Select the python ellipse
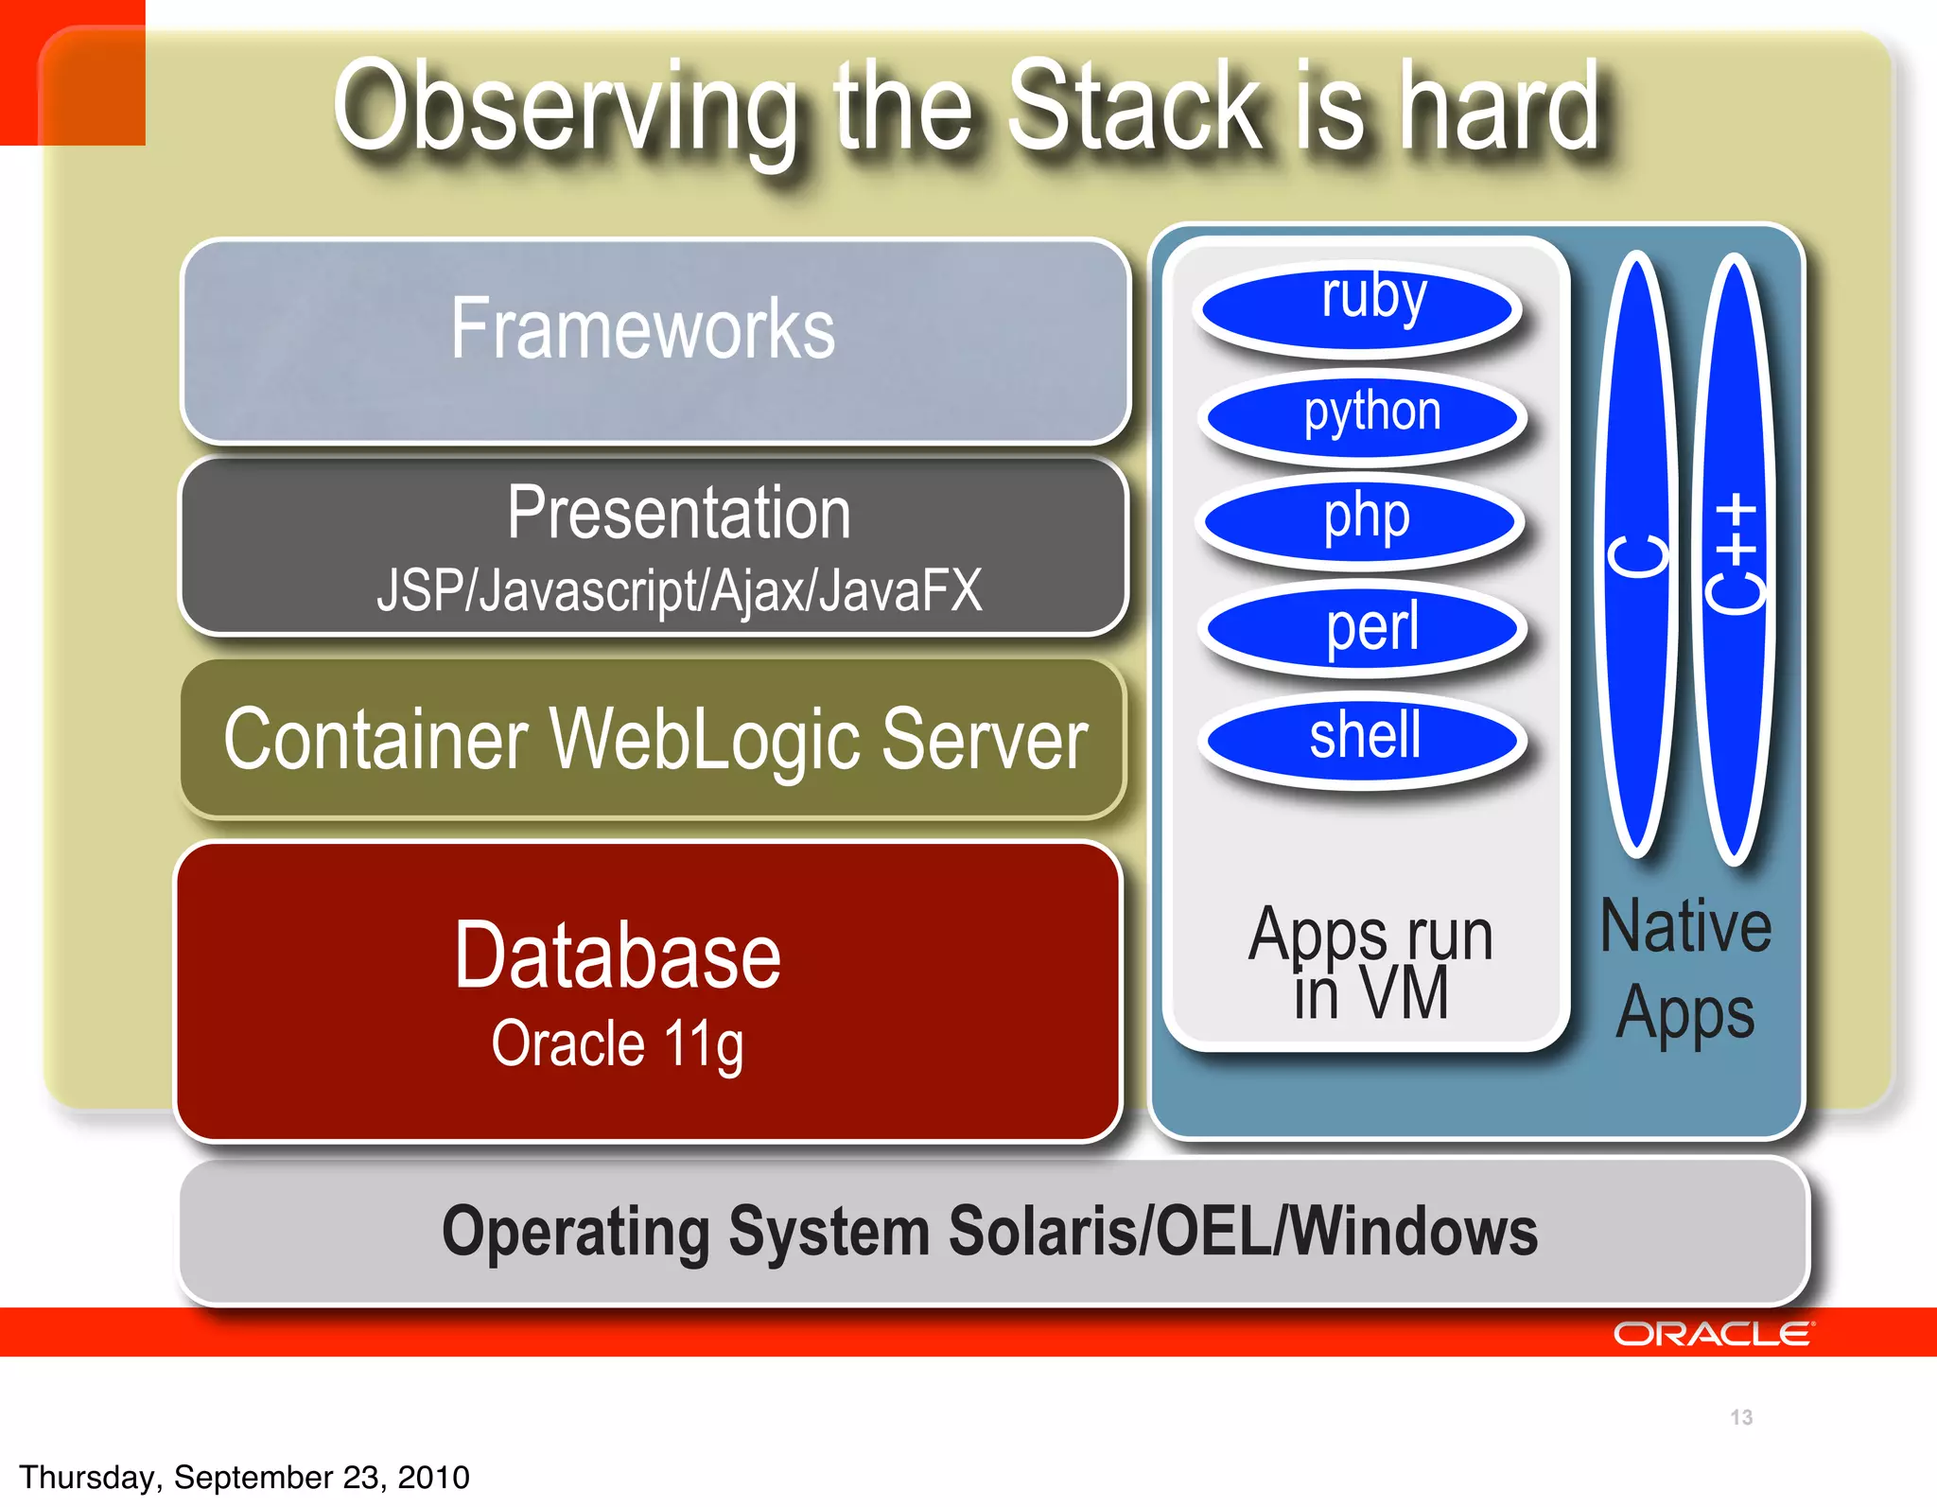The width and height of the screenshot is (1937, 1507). point(1363,417)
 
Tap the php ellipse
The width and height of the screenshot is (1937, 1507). point(1361,520)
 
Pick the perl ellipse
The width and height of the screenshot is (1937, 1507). point(1363,628)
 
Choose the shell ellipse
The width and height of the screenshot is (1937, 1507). point(1363,739)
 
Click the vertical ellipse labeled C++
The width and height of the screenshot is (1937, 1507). point(1735,558)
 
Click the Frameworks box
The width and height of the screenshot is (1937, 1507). point(654,341)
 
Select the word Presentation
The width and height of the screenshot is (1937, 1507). point(679,513)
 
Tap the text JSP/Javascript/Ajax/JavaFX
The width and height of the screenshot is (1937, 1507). point(679,590)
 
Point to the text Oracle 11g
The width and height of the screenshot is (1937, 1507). point(618,1043)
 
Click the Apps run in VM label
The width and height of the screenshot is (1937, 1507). point(1370,963)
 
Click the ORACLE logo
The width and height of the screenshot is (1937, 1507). point(1712,1334)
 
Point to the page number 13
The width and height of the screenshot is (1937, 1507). point(1741,1417)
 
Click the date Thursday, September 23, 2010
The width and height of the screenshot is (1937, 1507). point(244,1477)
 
